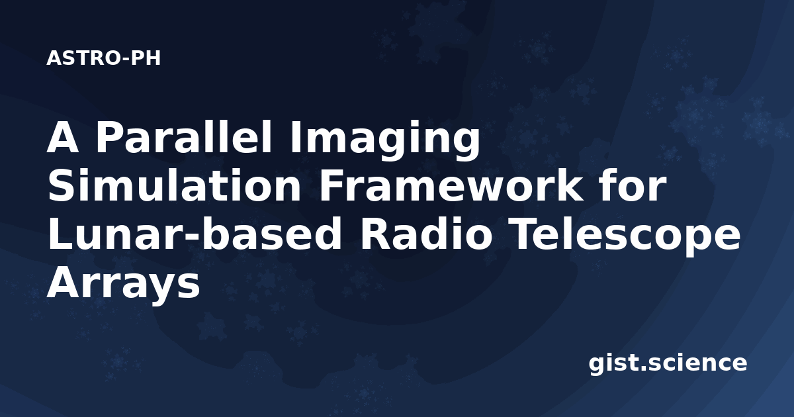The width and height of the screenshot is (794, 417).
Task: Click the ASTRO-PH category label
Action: (x=103, y=58)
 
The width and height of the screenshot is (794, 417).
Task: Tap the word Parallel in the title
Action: (x=184, y=137)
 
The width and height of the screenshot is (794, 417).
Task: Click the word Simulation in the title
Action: (x=174, y=185)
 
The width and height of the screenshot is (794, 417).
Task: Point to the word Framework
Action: (x=450, y=185)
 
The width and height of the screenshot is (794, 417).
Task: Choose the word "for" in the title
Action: (x=633, y=185)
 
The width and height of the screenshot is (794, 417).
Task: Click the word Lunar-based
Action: (x=195, y=234)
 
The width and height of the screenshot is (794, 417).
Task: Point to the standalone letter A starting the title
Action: (x=62, y=137)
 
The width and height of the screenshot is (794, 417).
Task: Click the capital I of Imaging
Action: (x=294, y=137)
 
